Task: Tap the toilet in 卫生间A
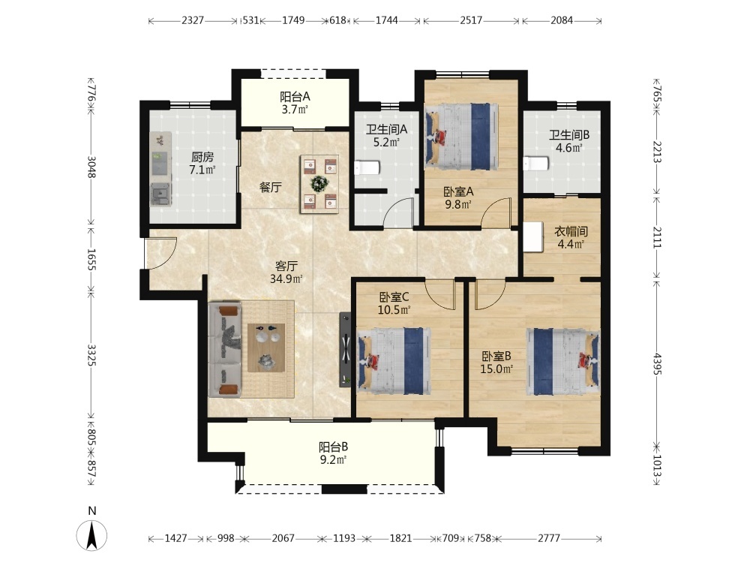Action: coord(367,168)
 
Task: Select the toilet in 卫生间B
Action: coord(535,164)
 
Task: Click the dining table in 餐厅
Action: coord(319,184)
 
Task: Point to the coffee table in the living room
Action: coord(266,348)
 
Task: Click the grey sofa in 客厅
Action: coord(225,349)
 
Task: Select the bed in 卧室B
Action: coord(563,362)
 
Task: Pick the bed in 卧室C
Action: coord(394,361)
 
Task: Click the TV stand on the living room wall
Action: coord(345,350)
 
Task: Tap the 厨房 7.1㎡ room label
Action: coord(202,163)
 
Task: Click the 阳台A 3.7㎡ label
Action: coord(295,103)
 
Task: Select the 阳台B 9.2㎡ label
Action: coord(334,453)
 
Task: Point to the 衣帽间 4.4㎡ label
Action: coord(571,238)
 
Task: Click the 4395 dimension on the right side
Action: coord(657,364)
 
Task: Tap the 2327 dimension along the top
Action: coord(193,20)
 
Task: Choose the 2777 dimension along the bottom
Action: coord(549,538)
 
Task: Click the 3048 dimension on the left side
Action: coord(91,167)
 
